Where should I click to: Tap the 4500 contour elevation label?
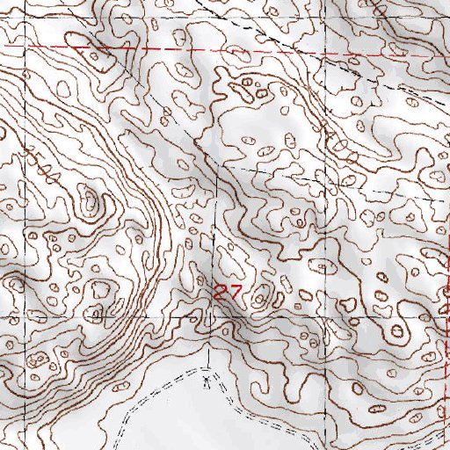point(41,165)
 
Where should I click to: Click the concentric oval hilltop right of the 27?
point(260,300)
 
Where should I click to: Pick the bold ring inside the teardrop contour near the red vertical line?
point(397,332)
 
